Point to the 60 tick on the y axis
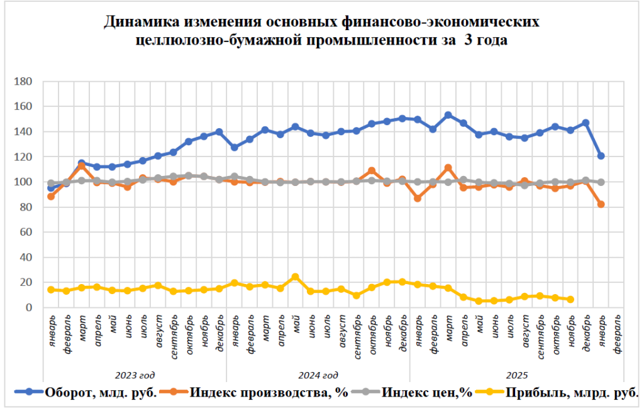[26, 233]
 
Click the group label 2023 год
[135, 375]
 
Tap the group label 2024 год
[318, 375]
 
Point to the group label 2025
[517, 375]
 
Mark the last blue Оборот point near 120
[601, 156]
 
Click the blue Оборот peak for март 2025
[448, 115]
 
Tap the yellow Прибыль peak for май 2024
[295, 277]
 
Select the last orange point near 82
[601, 204]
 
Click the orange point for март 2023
[81, 166]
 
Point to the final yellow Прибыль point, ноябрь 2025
[570, 299]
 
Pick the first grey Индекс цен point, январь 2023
[51, 184]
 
